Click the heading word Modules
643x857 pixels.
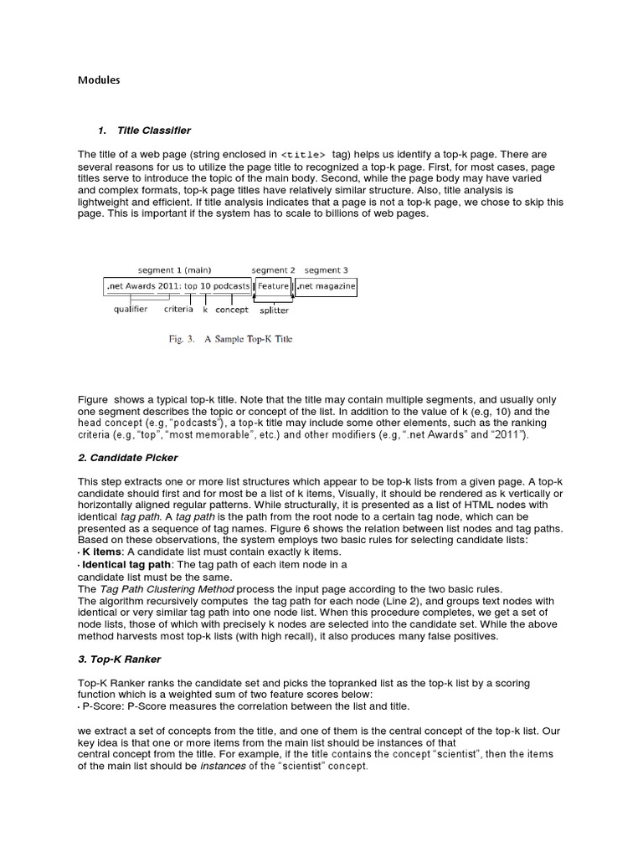point(99,80)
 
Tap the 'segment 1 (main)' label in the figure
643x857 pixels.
point(174,270)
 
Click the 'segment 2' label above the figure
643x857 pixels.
point(274,270)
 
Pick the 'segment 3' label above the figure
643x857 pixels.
point(326,270)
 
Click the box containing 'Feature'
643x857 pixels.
point(273,286)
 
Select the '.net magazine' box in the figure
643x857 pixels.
point(326,286)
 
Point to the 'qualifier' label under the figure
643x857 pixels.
point(131,309)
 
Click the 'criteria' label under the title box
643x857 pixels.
point(177,309)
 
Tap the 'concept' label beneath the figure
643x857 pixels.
point(232,309)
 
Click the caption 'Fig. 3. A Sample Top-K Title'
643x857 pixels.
point(227,340)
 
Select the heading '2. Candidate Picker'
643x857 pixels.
point(127,459)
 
